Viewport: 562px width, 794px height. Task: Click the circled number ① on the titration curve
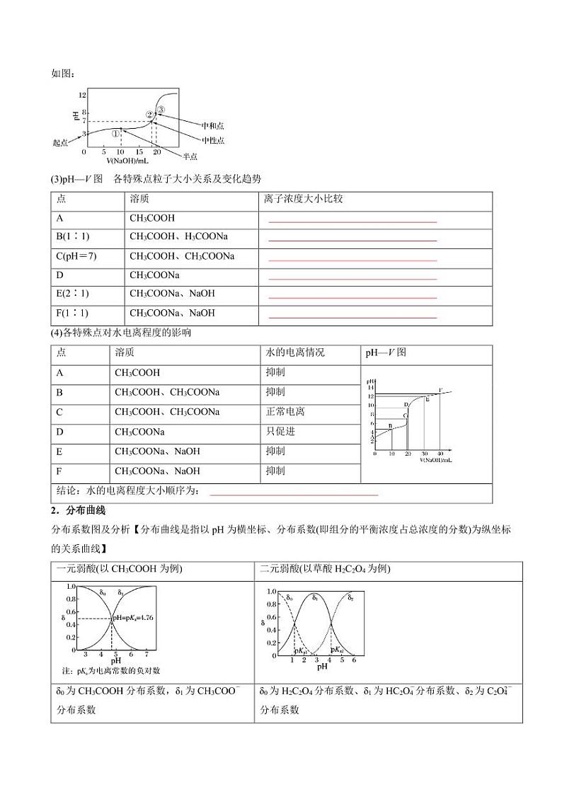(x=115, y=133)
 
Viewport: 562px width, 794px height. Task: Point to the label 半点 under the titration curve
(x=189, y=156)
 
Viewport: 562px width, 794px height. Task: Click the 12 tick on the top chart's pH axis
(x=82, y=94)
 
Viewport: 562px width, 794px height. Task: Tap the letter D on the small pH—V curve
(x=406, y=404)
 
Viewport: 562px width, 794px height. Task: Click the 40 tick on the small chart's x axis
(x=440, y=453)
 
